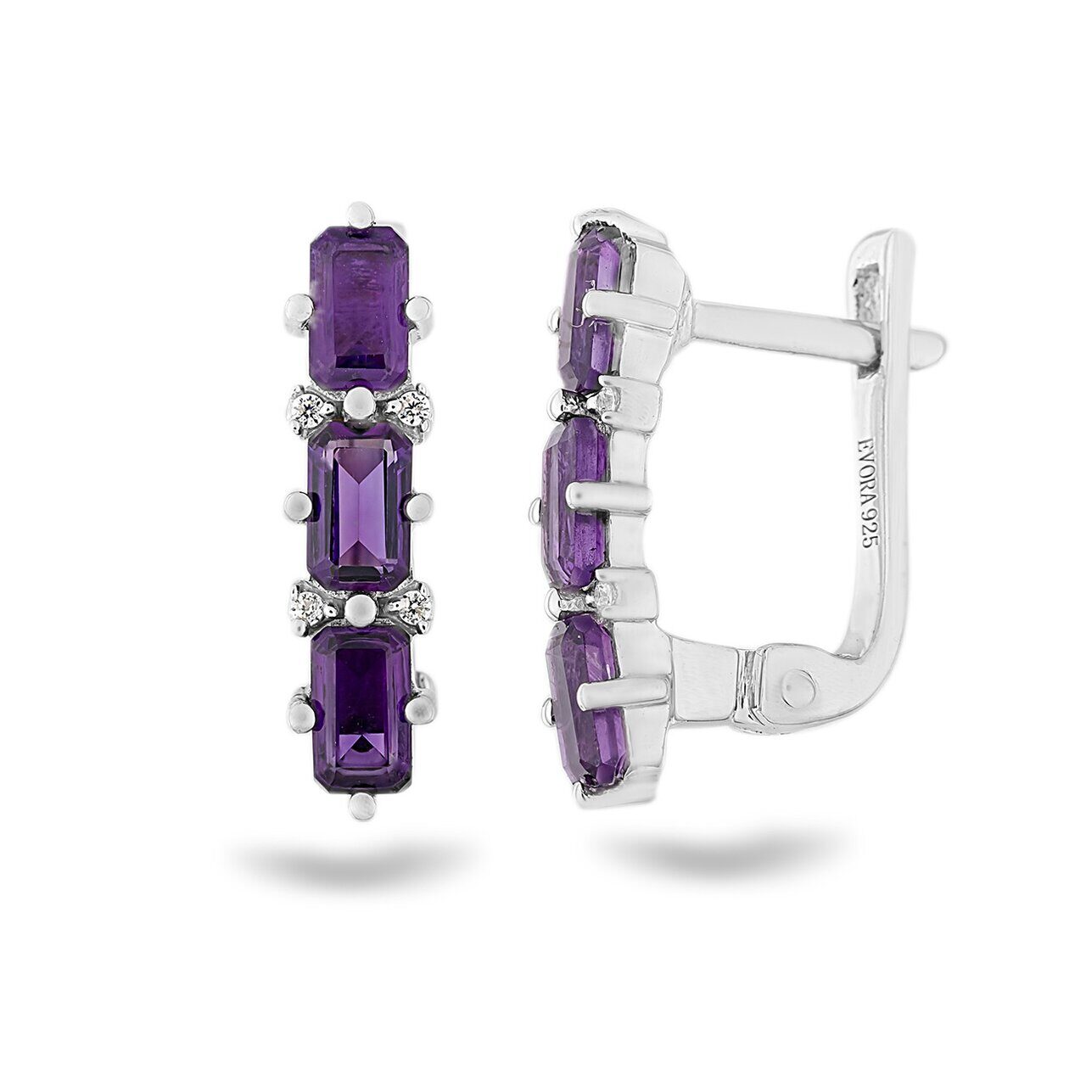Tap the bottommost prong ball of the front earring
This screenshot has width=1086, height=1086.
[361, 807]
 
